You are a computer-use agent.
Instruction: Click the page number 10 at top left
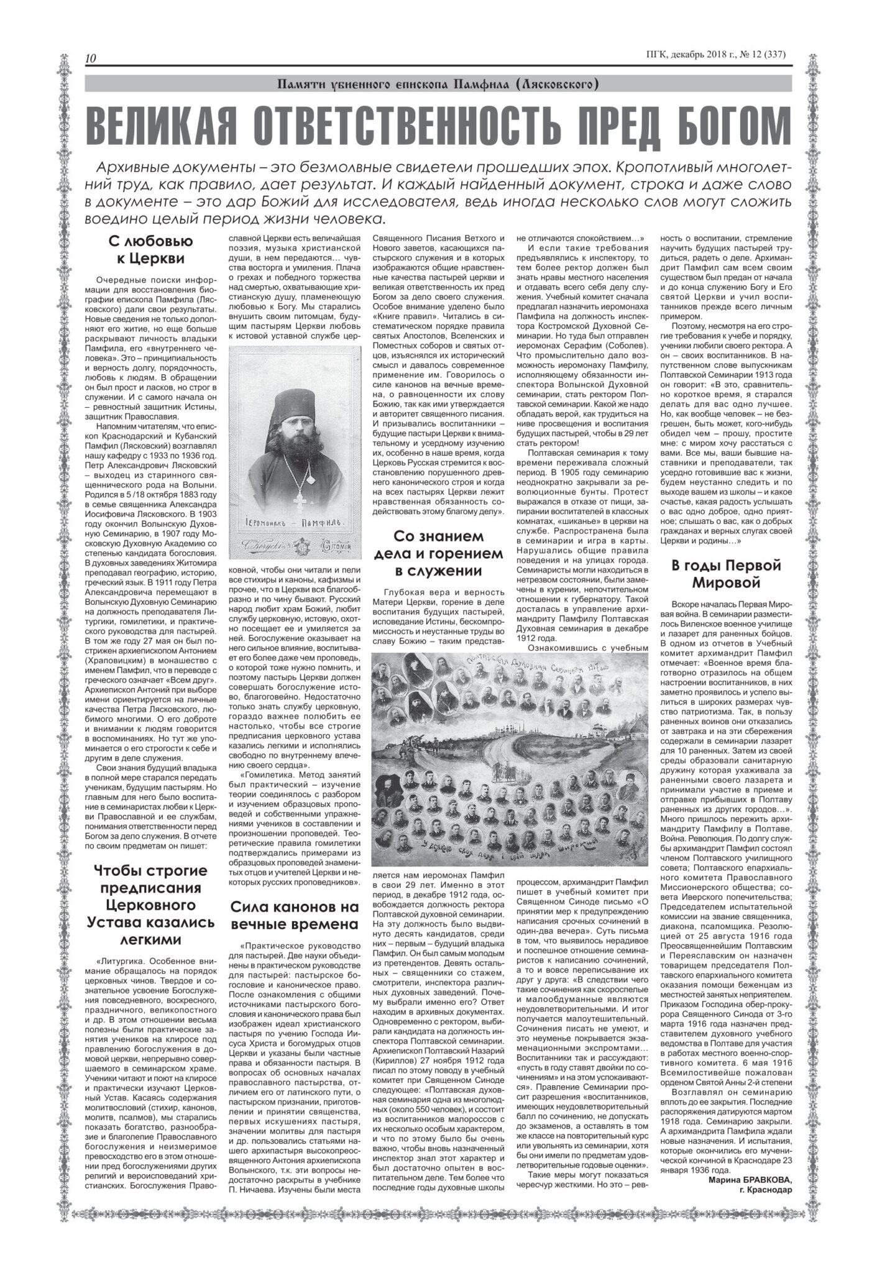(90, 58)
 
